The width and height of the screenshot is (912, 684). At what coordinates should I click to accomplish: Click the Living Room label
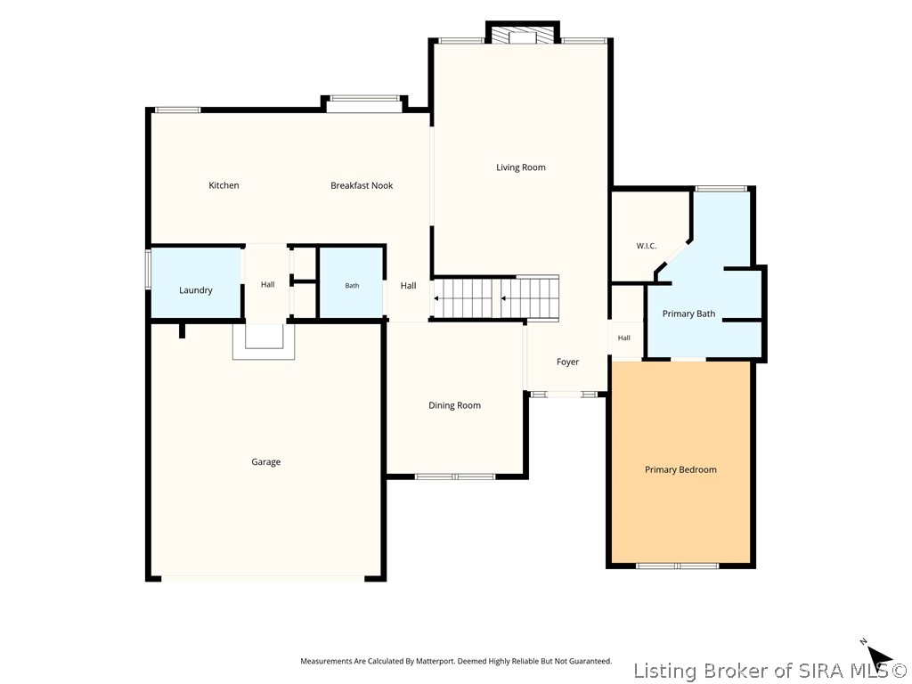pyautogui.click(x=520, y=167)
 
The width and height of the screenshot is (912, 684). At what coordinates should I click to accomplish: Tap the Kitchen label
pyautogui.click(x=224, y=185)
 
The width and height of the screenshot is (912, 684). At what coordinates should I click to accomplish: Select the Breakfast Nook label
pyautogui.click(x=362, y=185)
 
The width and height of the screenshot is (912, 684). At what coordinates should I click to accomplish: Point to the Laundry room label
pyautogui.click(x=195, y=290)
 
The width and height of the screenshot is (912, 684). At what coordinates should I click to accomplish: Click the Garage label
pyautogui.click(x=265, y=462)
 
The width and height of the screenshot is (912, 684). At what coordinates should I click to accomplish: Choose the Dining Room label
pyautogui.click(x=455, y=405)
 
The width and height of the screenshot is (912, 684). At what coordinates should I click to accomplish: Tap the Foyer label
pyautogui.click(x=567, y=362)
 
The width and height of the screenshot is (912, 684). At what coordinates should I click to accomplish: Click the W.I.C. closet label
pyautogui.click(x=647, y=246)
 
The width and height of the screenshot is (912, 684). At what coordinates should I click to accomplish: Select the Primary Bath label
pyautogui.click(x=688, y=314)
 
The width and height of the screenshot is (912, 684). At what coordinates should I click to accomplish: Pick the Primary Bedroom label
pyautogui.click(x=680, y=470)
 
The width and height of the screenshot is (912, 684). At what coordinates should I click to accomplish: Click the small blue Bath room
pyautogui.click(x=351, y=283)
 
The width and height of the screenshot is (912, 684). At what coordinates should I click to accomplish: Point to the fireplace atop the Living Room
pyautogui.click(x=522, y=33)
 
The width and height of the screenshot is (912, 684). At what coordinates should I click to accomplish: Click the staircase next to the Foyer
pyautogui.click(x=495, y=297)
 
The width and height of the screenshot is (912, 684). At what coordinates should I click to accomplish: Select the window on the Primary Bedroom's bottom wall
pyautogui.click(x=677, y=566)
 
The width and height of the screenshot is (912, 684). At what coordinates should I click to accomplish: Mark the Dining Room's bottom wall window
pyautogui.click(x=455, y=477)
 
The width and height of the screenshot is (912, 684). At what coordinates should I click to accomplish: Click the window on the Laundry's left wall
pyautogui.click(x=148, y=269)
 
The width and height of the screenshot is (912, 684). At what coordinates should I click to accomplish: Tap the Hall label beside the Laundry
pyautogui.click(x=267, y=284)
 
